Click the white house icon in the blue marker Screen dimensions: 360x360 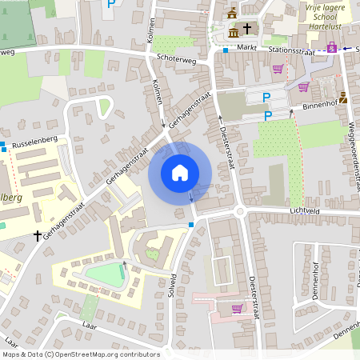tap(180, 173)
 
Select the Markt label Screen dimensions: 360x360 tap(246, 48)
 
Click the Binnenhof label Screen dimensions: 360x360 tap(322, 105)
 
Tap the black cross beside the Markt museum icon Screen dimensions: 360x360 tap(247, 29)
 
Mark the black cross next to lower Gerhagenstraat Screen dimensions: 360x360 tap(37, 236)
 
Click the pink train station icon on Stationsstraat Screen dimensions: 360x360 tap(332, 48)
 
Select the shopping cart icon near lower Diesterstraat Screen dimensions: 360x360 tap(236, 308)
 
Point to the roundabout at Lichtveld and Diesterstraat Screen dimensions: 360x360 tap(239, 211)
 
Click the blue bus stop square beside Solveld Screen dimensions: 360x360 tap(191, 225)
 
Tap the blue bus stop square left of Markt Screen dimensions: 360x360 tap(226, 50)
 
